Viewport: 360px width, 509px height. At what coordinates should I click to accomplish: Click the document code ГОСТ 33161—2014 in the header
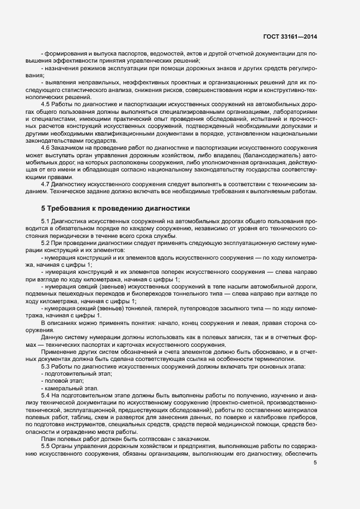click(290, 36)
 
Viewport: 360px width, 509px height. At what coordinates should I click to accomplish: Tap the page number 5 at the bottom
click(315, 462)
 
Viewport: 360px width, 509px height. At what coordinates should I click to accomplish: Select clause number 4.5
click(46, 103)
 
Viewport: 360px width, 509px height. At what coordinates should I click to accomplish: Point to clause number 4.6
click(46, 148)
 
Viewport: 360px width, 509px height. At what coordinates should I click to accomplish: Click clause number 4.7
click(46, 184)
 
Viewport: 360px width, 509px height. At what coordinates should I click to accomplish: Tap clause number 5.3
click(46, 366)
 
